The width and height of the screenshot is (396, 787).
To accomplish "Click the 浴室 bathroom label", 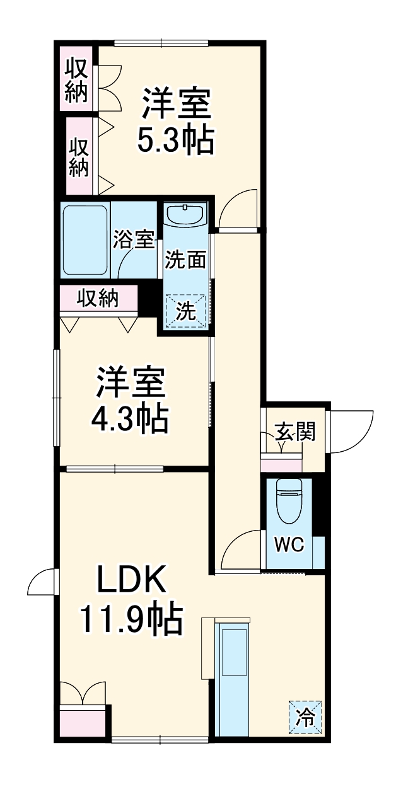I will coord(134,240).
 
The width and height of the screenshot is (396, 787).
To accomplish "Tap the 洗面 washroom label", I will coord(185,260).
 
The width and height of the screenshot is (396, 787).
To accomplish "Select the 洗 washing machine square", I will coord(185,311).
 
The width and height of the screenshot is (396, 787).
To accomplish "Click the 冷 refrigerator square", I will coord(305,718).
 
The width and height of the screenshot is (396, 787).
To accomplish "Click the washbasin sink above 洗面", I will coord(185,215).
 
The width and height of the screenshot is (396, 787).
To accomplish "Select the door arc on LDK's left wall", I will coord(42,582).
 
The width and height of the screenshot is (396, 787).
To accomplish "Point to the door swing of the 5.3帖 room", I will coord(239,208).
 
